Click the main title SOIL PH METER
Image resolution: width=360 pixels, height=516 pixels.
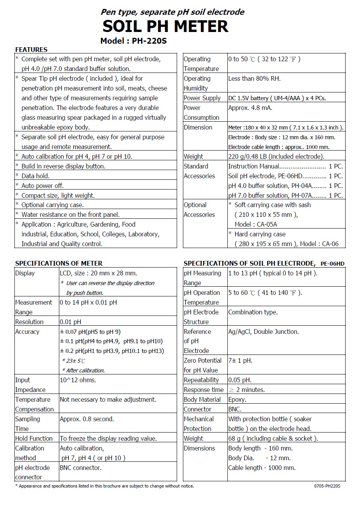pyautogui.click(x=165, y=27)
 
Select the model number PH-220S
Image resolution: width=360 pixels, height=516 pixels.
pyautogui.click(x=149, y=41)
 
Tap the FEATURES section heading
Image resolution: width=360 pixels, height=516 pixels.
pyautogui.click(x=31, y=50)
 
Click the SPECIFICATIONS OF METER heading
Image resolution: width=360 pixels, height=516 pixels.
pyautogui.click(x=59, y=263)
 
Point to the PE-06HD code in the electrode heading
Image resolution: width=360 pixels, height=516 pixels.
pyautogui.click(x=333, y=264)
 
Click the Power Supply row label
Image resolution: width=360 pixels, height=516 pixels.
pyautogui.click(x=202, y=98)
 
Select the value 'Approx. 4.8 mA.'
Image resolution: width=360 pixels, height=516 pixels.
pyautogui.click(x=250, y=108)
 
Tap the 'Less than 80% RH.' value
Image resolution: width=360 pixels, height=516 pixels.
pyautogui.click(x=254, y=78)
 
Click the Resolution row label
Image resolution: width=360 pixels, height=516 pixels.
pyautogui.click(x=29, y=322)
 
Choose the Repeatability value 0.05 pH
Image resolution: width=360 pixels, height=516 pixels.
pyautogui.click(x=240, y=380)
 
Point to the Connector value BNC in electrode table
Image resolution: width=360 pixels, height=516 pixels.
pyautogui.click(x=235, y=409)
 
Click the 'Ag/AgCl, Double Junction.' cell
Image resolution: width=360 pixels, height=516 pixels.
pyautogui.click(x=263, y=332)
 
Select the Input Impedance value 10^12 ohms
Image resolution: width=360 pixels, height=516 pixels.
pyautogui.click(x=78, y=380)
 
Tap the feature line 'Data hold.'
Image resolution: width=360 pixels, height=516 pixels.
pyautogui.click(x=35, y=176)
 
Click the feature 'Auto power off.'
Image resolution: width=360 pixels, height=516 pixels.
pyautogui.click(x=43, y=186)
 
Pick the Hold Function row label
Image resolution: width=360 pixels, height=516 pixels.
pyautogui.click(x=34, y=438)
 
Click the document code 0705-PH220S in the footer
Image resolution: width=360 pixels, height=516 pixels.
pyautogui.click(x=327, y=486)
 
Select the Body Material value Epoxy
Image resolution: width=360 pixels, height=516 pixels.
pyautogui.click(x=237, y=399)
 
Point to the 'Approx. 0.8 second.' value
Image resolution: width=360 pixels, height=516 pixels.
pyautogui.click(x=87, y=419)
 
